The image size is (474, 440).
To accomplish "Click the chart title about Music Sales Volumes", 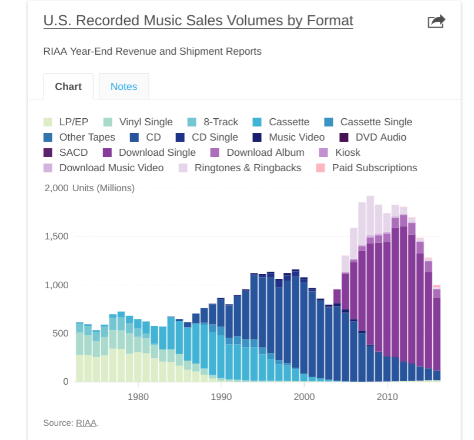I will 198,21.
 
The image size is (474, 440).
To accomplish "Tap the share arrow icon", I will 436,22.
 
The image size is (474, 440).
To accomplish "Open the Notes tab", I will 123,86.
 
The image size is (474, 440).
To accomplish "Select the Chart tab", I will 68,86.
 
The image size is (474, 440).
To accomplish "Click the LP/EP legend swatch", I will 48,122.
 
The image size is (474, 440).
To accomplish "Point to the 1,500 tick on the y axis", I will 56,236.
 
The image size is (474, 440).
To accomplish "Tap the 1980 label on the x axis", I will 138,397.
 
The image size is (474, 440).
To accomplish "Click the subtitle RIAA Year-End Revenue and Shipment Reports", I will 152,51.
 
